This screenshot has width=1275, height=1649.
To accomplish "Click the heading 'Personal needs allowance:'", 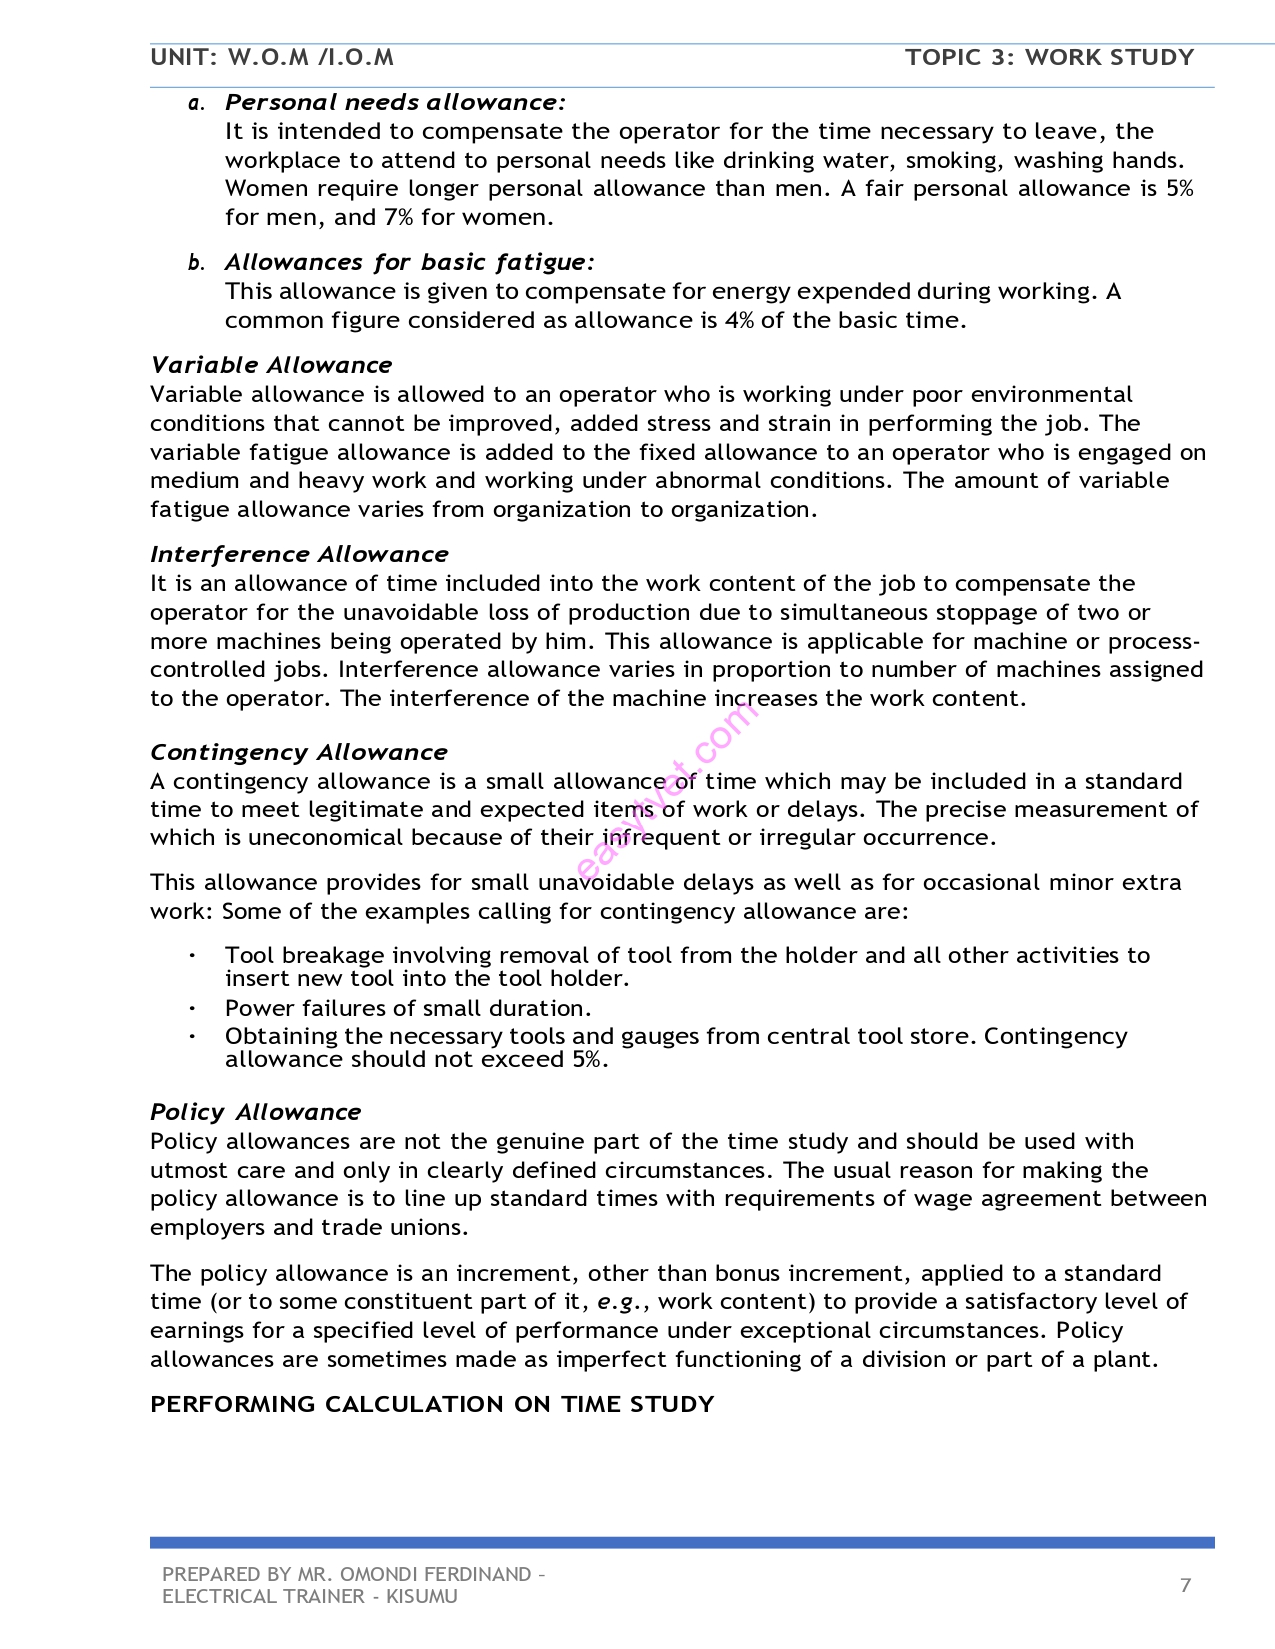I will click(x=395, y=102).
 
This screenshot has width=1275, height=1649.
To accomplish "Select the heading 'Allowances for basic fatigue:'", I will click(x=409, y=262).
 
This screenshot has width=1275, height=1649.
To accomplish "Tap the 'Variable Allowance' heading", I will click(x=271, y=365).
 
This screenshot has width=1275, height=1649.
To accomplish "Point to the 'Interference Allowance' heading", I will click(x=299, y=554).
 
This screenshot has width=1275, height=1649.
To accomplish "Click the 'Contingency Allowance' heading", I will click(x=299, y=752).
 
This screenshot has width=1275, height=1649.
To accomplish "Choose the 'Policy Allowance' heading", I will click(x=255, y=1112).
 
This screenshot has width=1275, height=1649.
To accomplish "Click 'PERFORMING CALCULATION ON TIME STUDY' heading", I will click(x=432, y=1404).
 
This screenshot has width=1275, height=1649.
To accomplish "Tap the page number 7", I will click(x=1185, y=1585).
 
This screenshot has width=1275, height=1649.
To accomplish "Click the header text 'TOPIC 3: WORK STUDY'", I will click(x=1049, y=57).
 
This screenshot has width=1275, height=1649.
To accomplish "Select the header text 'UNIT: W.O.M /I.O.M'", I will click(x=272, y=57).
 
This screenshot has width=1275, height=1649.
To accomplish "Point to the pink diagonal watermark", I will click(x=665, y=790).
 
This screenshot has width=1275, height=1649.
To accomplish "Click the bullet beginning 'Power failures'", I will click(x=408, y=1008).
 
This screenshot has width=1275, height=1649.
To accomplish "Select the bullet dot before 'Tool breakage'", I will click(x=191, y=956).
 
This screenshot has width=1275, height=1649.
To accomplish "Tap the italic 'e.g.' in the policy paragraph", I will click(x=616, y=1301).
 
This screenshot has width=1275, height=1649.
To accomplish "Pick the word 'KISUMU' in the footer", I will click(x=421, y=1596).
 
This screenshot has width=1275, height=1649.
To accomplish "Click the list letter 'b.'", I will click(x=196, y=263).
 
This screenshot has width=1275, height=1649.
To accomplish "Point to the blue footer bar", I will click(x=682, y=1542).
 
